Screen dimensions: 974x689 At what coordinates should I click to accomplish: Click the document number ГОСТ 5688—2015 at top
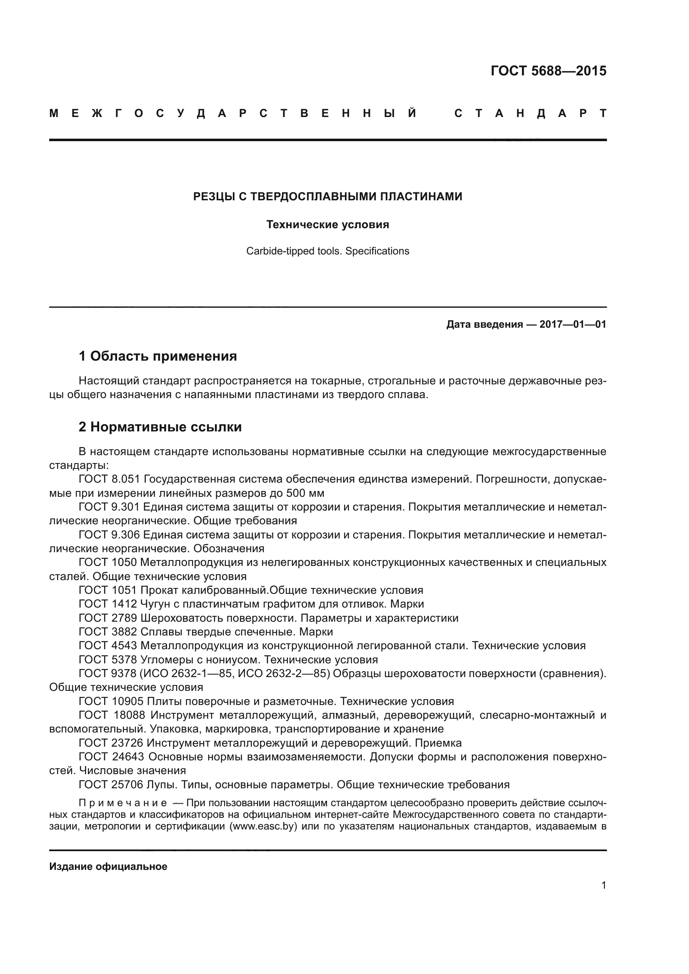coord(548,71)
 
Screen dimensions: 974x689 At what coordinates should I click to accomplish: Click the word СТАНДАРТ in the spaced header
coord(530,114)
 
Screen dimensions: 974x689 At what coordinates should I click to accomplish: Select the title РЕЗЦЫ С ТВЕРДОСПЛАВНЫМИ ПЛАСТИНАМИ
coord(327,197)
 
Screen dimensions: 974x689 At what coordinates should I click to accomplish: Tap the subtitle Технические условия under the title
coord(327,225)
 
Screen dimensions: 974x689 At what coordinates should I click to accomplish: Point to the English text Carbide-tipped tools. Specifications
coord(327,251)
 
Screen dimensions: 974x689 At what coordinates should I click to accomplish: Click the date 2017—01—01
coord(572,324)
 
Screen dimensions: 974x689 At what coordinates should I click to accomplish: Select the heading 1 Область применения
coord(157,356)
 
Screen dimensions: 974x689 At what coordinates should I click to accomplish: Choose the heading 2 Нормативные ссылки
coord(160,427)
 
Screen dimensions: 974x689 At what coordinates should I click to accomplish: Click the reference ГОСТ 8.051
coord(109,479)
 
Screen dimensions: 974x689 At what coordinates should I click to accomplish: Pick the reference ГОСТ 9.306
coord(109,535)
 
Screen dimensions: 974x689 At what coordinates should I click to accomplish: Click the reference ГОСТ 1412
coord(108,604)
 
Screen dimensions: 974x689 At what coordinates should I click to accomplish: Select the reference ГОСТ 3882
coord(108,632)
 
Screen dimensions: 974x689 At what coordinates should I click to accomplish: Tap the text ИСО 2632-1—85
coord(190,674)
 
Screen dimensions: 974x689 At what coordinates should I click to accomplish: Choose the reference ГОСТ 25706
coord(111,785)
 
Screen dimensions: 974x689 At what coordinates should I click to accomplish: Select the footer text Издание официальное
coord(108,867)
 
